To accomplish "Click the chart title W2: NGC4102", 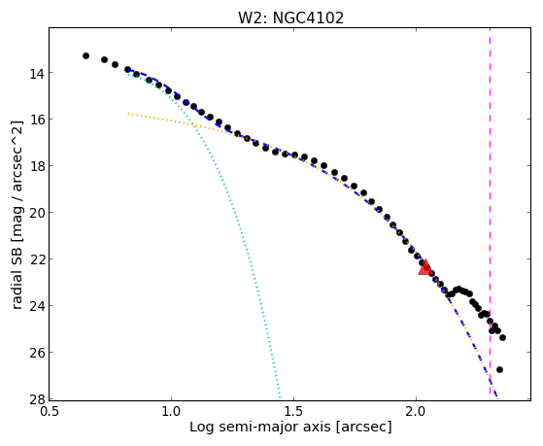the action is coord(290,17).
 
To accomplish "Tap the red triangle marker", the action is coord(424,267).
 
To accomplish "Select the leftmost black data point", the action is coord(85,55).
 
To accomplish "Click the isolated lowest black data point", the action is coord(499,370).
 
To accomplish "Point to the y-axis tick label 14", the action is coord(36,74).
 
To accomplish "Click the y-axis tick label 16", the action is coord(36,120).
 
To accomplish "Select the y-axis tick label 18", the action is coord(36,166).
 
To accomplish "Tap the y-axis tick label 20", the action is coord(36,213).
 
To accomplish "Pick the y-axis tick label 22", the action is coord(36,259).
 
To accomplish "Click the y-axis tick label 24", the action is coord(36,306).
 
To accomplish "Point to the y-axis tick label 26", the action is coord(36,353).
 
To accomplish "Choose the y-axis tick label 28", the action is coord(36,399).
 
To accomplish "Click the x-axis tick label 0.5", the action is coord(49,412).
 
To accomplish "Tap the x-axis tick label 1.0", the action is coord(171,412).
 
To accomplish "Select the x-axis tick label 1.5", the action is coord(293,412).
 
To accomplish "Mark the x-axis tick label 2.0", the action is coord(416,412).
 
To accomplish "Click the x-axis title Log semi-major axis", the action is coord(260,428).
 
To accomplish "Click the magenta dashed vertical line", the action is coord(490,211).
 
